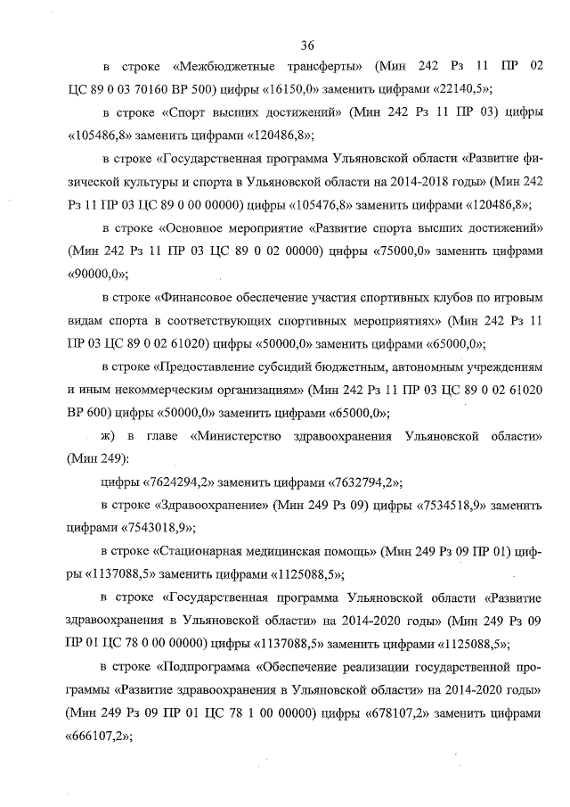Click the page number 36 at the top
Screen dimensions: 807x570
coord(308,45)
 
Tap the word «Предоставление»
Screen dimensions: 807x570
coord(214,366)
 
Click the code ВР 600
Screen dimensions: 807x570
coord(87,413)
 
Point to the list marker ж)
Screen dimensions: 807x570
coord(110,436)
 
